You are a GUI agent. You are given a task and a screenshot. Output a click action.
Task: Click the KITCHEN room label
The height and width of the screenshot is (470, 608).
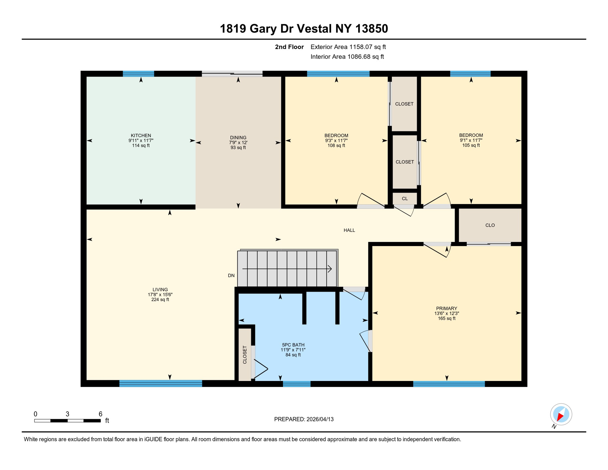point(141,136)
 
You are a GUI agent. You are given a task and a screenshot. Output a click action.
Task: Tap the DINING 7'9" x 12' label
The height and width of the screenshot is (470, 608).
point(238,142)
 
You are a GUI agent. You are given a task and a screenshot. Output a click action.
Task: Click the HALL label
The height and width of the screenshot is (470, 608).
point(349,230)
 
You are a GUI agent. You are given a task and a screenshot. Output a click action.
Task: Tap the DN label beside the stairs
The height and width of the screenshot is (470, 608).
point(231,275)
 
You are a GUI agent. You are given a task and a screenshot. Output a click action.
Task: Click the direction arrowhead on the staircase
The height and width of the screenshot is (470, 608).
point(330,269)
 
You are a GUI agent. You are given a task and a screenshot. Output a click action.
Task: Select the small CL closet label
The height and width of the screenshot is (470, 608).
point(404,199)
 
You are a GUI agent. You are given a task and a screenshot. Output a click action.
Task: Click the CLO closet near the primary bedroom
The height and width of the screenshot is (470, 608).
point(490,225)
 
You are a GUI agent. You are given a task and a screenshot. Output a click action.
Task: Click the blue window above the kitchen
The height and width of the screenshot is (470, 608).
point(138,73)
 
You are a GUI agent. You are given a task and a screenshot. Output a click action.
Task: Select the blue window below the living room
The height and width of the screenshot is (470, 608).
point(160,383)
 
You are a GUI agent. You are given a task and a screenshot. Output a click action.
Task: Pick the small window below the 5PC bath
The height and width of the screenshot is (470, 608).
point(296,384)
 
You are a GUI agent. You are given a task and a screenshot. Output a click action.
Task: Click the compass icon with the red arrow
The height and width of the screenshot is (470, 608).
point(561,414)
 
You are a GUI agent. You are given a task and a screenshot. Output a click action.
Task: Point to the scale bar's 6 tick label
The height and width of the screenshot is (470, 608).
point(100,414)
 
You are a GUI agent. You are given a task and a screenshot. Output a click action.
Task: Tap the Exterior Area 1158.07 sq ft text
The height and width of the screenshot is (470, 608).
point(348,47)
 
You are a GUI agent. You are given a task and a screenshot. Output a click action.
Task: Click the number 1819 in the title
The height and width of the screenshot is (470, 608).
point(233,29)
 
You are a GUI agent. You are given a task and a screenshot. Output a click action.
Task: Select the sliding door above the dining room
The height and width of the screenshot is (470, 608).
point(232,73)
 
